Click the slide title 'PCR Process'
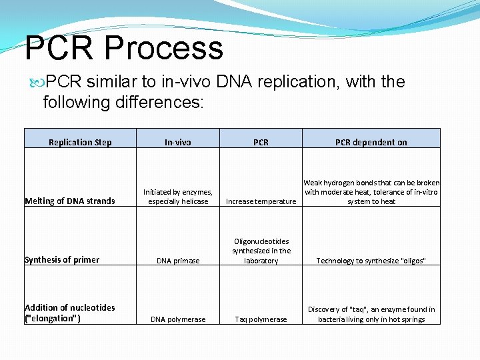point(124,48)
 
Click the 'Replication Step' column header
point(80,142)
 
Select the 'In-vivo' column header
point(178,142)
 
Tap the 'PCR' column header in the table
point(261,142)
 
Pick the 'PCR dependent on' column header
point(371,142)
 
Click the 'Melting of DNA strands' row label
point(70,201)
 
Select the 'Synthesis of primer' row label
point(62,259)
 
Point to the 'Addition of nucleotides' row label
point(69,313)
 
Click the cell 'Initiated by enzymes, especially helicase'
point(178,197)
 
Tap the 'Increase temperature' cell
point(261,201)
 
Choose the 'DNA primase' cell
point(178,261)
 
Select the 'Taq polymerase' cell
point(261,319)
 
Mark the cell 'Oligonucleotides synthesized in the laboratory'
point(261,251)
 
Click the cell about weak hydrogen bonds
point(371,192)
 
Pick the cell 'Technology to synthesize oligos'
point(371,261)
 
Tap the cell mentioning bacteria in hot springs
point(371,314)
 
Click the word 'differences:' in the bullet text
point(171,103)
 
